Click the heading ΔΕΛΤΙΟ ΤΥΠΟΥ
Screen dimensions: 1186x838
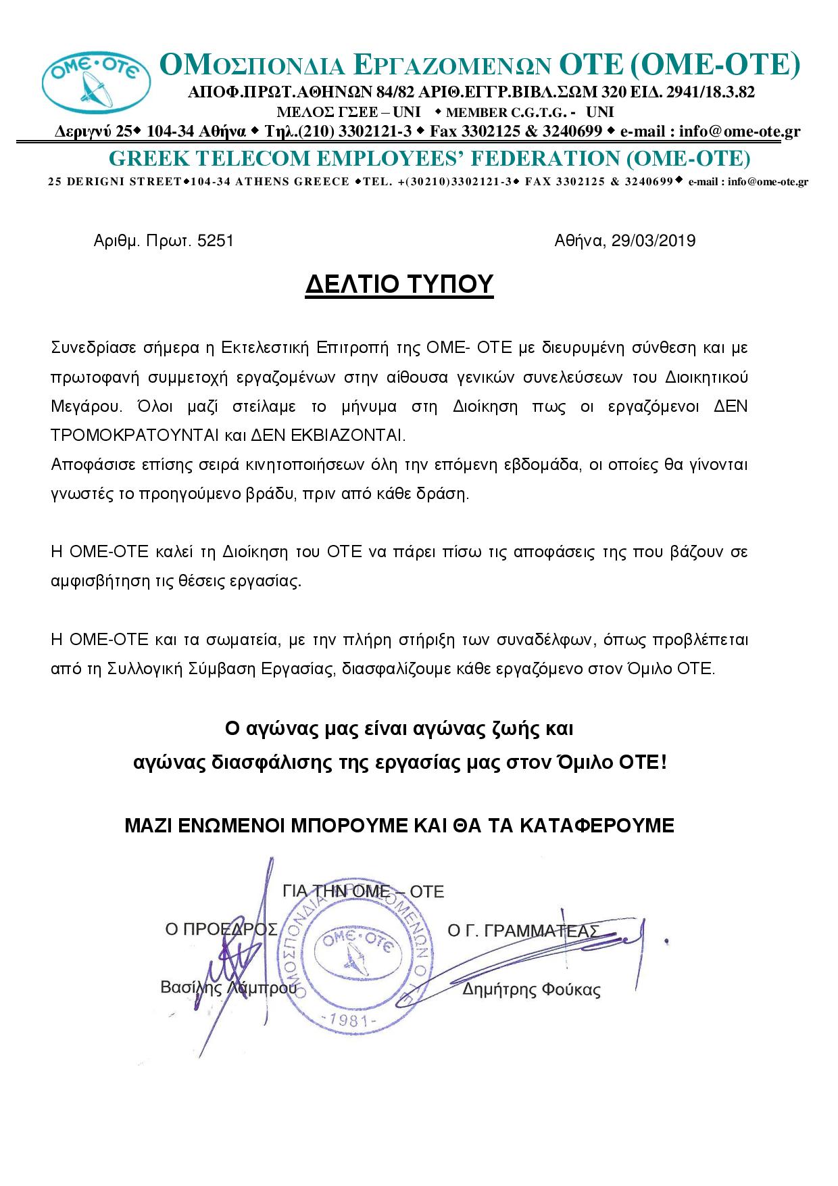pos(399,285)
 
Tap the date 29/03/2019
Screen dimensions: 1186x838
pos(653,241)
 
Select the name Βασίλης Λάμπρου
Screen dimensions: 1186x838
pos(228,988)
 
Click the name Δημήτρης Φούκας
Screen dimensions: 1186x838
pos(531,991)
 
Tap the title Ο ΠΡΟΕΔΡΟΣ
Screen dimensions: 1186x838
pos(221,930)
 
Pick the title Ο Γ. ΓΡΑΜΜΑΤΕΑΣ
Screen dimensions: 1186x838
pos(523,931)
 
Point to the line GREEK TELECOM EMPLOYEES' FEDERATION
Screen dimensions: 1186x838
pos(430,159)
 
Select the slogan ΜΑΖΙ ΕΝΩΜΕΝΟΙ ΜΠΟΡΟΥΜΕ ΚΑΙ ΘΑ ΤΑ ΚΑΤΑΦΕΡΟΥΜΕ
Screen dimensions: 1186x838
pos(399,826)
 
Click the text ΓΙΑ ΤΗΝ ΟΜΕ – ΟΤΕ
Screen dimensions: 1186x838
pos(364,892)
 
